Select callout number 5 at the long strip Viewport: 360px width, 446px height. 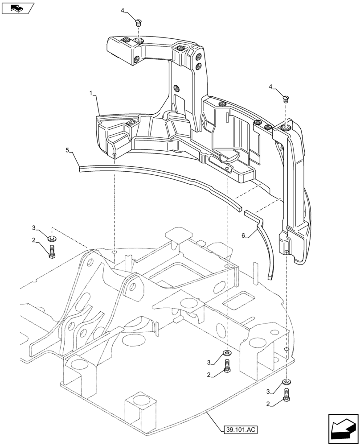point(67,151)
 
